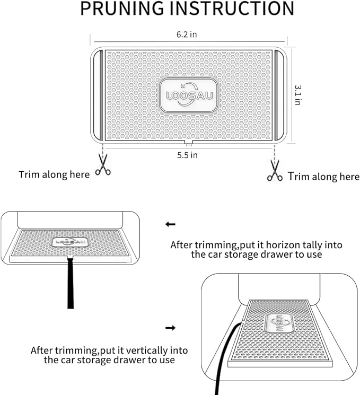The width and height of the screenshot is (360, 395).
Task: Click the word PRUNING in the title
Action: click(122, 8)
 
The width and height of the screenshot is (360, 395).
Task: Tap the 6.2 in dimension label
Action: click(187, 34)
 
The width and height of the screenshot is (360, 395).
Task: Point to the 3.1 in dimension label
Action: click(298, 95)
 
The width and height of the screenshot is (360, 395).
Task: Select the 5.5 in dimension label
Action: click(187, 155)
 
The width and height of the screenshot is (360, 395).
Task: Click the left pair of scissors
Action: click(103, 165)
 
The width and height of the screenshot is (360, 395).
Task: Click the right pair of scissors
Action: click(275, 171)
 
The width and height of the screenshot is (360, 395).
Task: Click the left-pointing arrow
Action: click(170, 224)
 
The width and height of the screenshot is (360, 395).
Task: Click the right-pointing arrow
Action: click(170, 328)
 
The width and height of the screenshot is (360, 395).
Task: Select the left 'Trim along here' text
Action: click(54, 174)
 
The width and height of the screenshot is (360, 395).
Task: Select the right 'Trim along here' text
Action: click(323, 177)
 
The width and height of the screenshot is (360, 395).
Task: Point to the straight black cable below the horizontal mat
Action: click(71, 283)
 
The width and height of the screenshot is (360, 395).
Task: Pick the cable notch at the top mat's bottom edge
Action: click(189, 143)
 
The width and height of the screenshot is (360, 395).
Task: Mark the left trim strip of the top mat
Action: click(98, 95)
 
